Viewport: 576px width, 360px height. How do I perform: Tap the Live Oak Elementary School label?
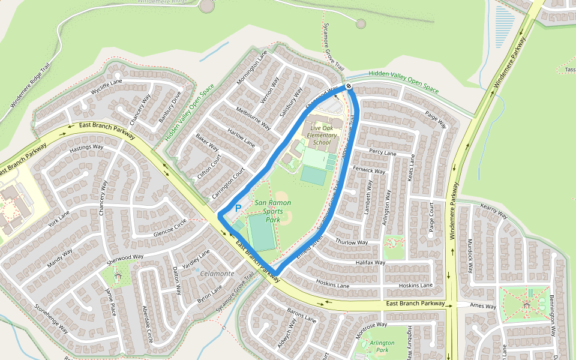coord(322,136)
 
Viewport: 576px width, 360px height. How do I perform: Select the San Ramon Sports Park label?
coord(272,211)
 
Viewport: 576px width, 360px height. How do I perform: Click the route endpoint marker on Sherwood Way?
coord(349,87)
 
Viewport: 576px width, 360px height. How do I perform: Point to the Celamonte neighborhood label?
coord(217,274)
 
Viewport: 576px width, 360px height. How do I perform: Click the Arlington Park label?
coord(382,346)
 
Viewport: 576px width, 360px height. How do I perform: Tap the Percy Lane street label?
coord(382,153)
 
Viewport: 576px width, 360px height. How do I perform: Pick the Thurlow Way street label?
coord(352,242)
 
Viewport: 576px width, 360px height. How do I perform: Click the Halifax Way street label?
coord(370,263)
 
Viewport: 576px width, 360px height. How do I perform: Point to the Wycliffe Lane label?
coord(106,86)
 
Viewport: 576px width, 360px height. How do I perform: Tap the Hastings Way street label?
coord(86,147)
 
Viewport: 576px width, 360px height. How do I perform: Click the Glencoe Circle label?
coord(170,227)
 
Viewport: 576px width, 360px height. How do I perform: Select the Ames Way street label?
coord(483,307)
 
